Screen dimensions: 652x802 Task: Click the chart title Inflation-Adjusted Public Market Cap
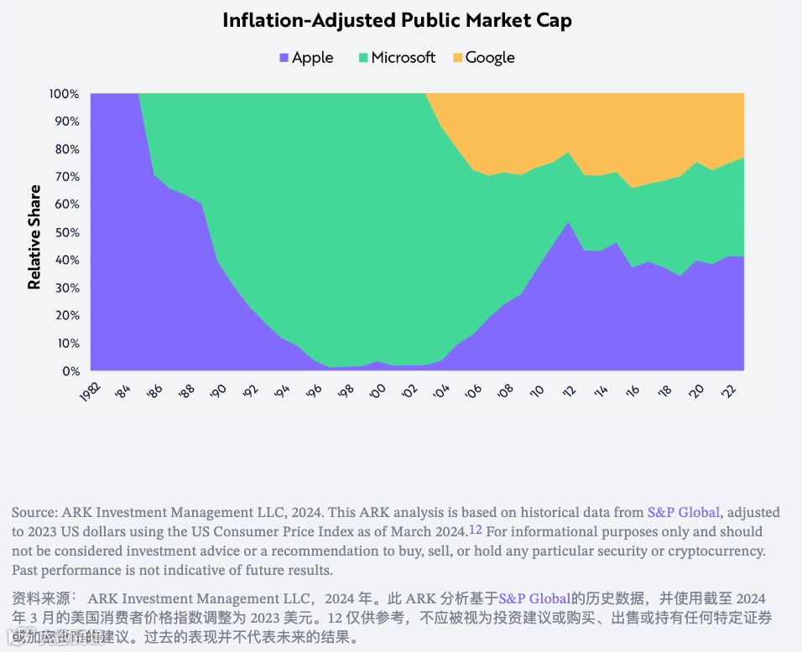coord(397,21)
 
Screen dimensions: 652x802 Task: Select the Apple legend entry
coord(312,58)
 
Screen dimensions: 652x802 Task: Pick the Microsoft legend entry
coord(403,58)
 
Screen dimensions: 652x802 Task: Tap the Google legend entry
coord(489,58)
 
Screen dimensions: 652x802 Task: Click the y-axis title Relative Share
coord(34,237)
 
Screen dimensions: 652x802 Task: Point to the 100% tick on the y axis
coord(65,94)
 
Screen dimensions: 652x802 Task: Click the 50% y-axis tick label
coord(67,232)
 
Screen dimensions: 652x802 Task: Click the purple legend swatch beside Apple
coord(284,58)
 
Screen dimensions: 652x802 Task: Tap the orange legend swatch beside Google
coord(457,58)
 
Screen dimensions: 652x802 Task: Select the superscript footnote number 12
coord(475,529)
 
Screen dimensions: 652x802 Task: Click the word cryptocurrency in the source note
coord(720,551)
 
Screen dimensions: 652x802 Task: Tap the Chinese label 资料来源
coord(40,598)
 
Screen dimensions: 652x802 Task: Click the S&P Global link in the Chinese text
coord(534,598)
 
